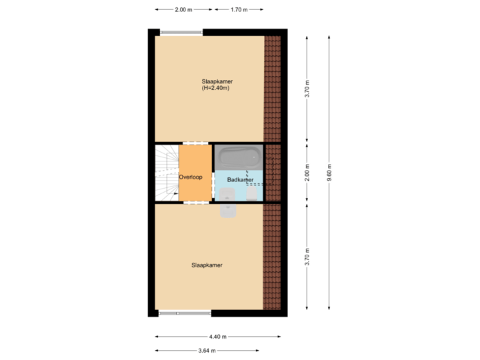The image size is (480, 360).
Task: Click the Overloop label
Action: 191,177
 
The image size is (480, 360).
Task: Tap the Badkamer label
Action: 240,180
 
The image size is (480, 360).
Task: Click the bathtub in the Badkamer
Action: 238,159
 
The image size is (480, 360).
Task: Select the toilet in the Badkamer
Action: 251,193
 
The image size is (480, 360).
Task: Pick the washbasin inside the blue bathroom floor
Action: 226,194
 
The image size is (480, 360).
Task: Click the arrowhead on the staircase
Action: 175,194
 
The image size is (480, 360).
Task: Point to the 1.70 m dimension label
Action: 238,10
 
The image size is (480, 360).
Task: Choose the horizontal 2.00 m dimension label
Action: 183,10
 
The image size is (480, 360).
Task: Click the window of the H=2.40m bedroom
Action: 181,31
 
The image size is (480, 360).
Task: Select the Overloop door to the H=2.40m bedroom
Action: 195,143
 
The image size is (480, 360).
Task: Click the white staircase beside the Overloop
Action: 167,173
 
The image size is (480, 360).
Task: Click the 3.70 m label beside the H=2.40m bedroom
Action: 307,89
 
